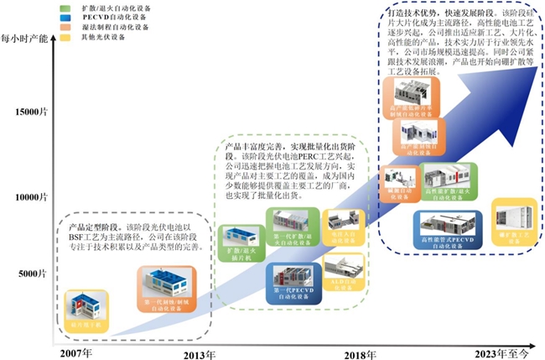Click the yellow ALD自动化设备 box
tap(341, 274)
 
